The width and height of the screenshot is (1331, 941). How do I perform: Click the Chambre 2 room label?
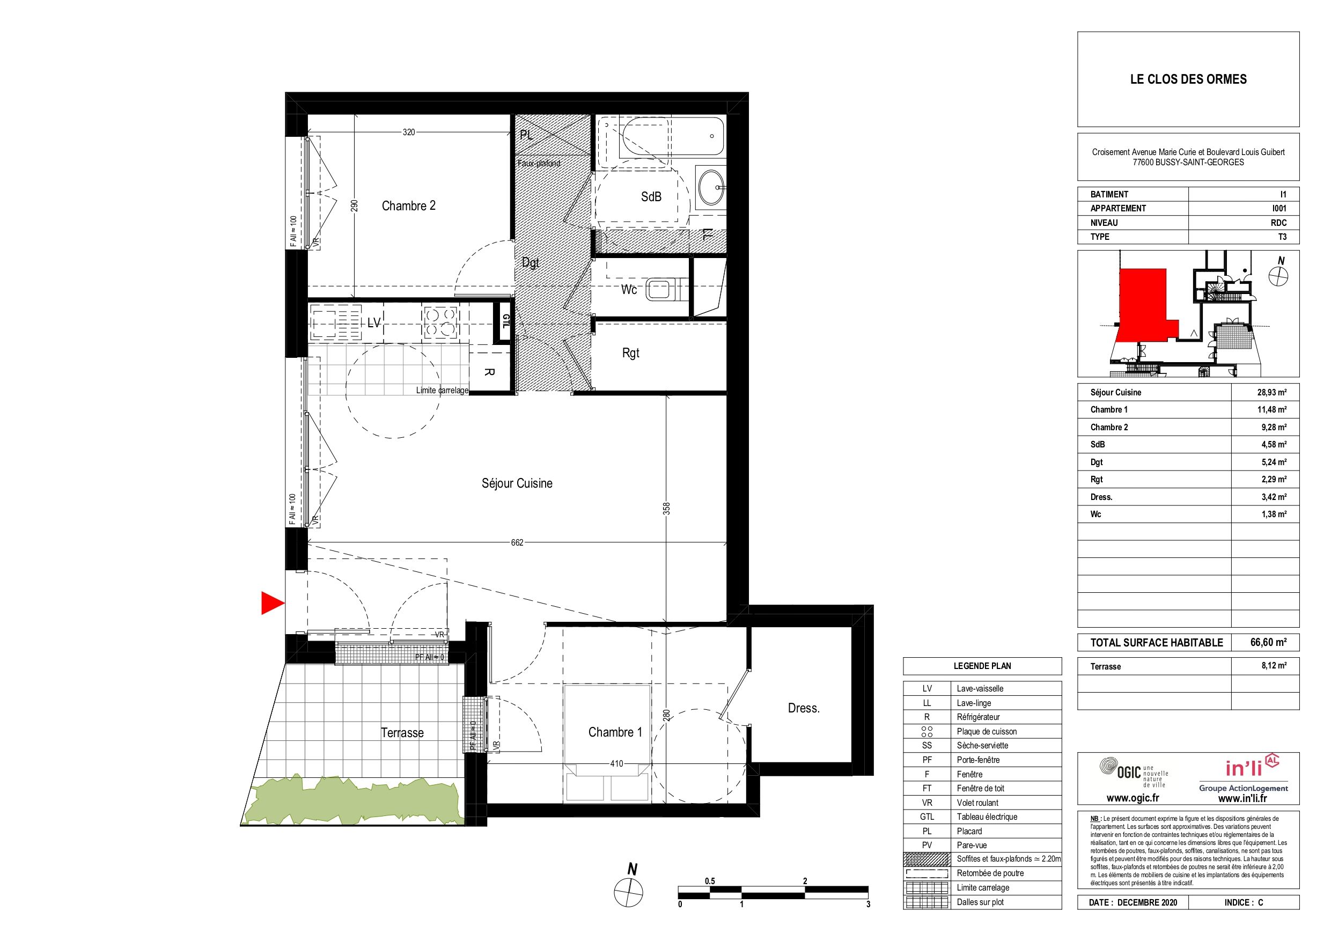tap(408, 206)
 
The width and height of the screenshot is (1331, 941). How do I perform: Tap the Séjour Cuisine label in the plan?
tap(517, 483)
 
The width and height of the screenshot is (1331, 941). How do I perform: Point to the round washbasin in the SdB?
tap(711, 187)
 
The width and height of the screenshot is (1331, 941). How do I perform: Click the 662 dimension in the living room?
tap(517, 543)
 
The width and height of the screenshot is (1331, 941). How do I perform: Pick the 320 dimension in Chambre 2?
tap(409, 132)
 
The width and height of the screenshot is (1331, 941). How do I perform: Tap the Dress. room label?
tap(804, 708)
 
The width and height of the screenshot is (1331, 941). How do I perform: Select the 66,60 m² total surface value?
tap(1268, 642)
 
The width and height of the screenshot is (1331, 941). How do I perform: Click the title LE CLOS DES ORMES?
tap(1188, 79)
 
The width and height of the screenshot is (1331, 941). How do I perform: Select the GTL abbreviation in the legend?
tap(927, 817)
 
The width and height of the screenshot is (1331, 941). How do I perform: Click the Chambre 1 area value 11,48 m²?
tap(1272, 409)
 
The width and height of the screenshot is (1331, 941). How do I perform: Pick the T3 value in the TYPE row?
tap(1282, 237)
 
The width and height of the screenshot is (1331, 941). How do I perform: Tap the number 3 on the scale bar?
tap(868, 905)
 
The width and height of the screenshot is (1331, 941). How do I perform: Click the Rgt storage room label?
tap(631, 353)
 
